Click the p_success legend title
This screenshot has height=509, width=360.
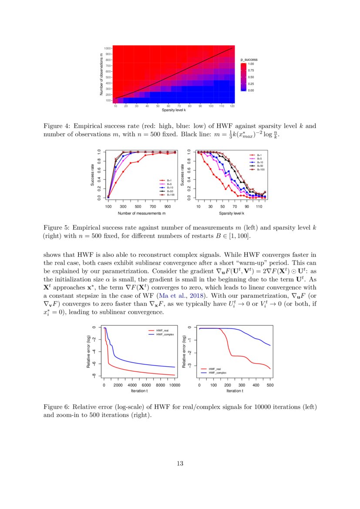pos(249,59)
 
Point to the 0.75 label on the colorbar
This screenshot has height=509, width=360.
pos(251,70)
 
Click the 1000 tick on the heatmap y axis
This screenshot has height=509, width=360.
pos(108,48)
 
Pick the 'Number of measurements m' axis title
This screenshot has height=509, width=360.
pos(141,213)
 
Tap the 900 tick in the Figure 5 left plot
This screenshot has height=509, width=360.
pos(168,207)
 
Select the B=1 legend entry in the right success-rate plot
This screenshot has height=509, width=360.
pos(259,155)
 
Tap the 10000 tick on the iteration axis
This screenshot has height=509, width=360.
pos(175,385)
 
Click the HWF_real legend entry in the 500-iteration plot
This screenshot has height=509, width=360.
pos(215,369)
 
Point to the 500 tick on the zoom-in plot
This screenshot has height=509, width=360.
pos(269,385)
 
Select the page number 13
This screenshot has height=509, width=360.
pos(180,463)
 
